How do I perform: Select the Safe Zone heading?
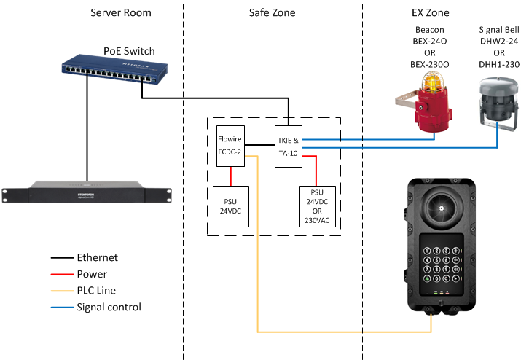click(273, 13)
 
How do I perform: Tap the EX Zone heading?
click(431, 13)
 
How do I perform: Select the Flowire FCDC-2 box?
click(230, 145)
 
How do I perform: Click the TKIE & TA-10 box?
click(289, 145)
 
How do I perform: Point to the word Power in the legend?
click(92, 274)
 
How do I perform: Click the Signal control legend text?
click(109, 307)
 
